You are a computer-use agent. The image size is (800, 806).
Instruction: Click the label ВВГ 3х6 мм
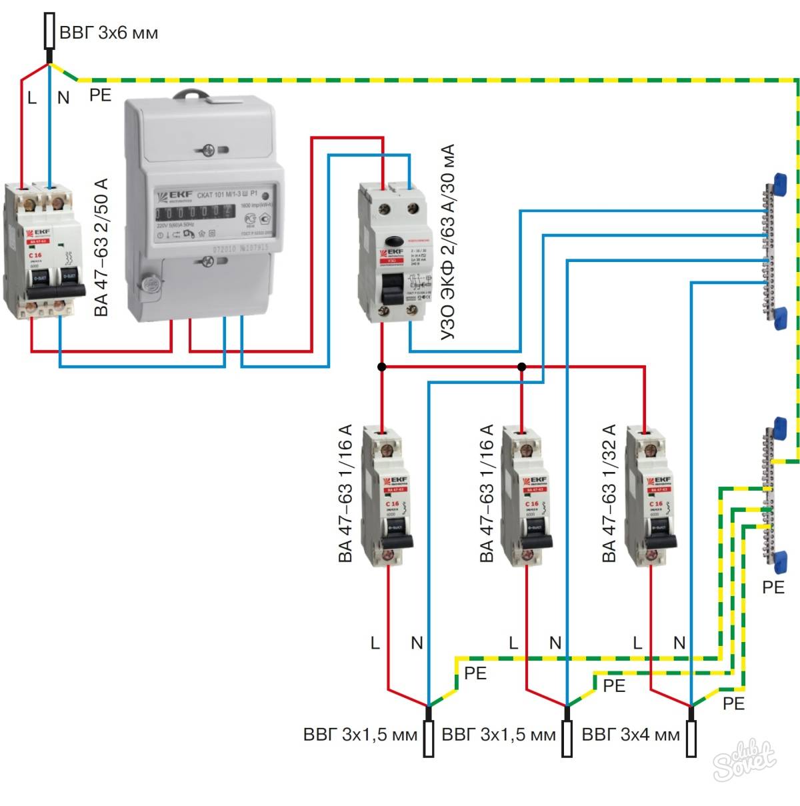coord(109,33)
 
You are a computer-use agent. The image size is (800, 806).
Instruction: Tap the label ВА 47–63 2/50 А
coord(101,247)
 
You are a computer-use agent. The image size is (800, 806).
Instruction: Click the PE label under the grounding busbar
coord(773,587)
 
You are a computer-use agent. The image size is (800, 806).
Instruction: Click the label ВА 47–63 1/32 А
coord(609,493)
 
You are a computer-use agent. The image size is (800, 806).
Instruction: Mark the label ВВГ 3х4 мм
coord(631,735)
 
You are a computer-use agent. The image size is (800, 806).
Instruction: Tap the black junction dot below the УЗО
coord(381,367)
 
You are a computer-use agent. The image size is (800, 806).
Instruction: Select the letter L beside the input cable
coord(31,98)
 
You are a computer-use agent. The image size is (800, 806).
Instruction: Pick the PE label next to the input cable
coord(100,95)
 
